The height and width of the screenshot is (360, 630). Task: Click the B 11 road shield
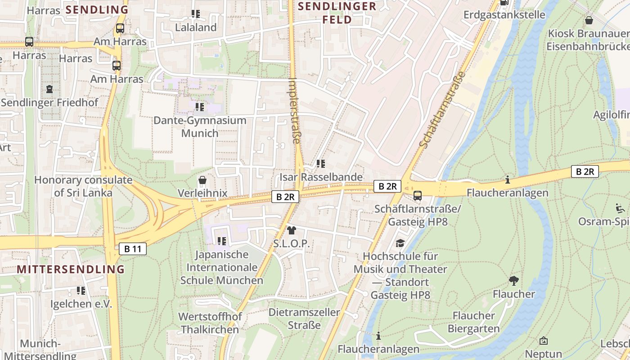[x=133, y=249]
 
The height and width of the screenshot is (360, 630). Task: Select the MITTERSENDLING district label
[x=71, y=270]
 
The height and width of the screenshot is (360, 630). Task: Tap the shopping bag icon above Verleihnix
[x=202, y=180]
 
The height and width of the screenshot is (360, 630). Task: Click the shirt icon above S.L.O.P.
[x=291, y=231]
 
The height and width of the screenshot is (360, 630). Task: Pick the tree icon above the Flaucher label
[x=513, y=281]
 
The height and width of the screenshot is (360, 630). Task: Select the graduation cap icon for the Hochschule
[x=400, y=243]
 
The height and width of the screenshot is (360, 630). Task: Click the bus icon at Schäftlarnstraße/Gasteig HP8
[x=418, y=195]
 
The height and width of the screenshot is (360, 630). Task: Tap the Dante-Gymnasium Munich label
[x=200, y=127]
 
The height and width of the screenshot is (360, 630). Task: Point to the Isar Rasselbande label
[x=321, y=177]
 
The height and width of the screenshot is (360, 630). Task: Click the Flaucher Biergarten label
[x=473, y=322]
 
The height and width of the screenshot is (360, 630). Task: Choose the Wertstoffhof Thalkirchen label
[x=210, y=323]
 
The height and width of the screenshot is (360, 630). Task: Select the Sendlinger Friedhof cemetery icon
[x=49, y=89]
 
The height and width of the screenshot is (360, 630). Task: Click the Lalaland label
[x=196, y=27]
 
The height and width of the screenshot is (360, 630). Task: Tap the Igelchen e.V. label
[x=81, y=304]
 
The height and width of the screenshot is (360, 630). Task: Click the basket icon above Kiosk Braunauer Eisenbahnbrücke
[x=589, y=20]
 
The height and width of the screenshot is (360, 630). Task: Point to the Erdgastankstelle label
[x=504, y=15]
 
